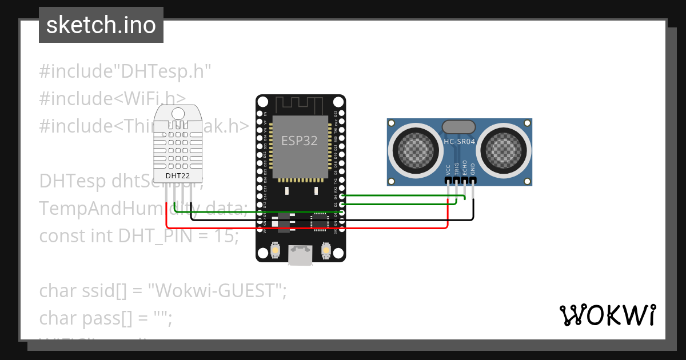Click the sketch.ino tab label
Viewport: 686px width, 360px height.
[x=101, y=25]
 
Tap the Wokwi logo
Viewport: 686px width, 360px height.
[x=607, y=315]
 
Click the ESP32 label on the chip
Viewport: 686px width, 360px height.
[x=299, y=141]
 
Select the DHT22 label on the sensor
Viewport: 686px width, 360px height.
[x=178, y=175]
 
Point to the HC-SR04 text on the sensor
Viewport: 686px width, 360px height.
[x=460, y=141]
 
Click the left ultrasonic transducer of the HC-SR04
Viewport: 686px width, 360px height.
[x=414, y=150]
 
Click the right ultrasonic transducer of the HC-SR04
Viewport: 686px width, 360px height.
[x=505, y=150]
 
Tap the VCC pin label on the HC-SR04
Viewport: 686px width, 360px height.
[x=448, y=170]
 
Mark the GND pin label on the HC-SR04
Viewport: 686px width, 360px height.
[x=473, y=170]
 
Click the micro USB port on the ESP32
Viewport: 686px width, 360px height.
[x=300, y=255]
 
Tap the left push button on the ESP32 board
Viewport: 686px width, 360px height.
[x=276, y=250]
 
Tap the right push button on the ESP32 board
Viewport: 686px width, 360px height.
[x=326, y=250]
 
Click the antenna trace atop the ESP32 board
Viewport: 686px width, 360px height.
[x=300, y=105]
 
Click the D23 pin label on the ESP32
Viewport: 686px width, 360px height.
[x=336, y=113]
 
